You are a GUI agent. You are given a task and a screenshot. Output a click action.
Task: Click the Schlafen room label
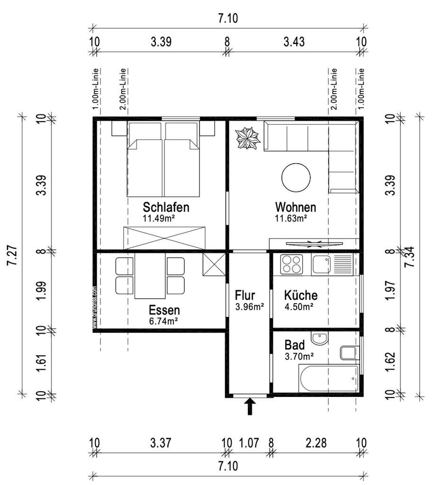tap(166, 207)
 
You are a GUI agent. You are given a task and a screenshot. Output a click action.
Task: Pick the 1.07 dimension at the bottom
tap(249, 443)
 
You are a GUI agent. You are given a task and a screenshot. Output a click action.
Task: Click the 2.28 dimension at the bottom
tap(315, 443)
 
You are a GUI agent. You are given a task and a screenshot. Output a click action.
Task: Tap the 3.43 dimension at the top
tap(293, 41)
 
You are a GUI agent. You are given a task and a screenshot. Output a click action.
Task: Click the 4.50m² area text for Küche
tap(298, 306)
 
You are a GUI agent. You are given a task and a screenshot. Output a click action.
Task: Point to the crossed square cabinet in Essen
tap(213, 264)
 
